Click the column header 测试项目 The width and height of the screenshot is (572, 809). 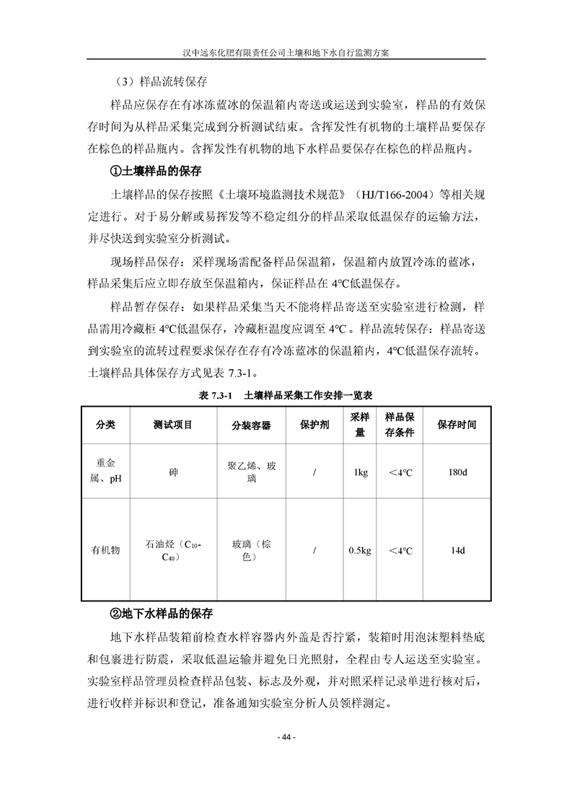[x=173, y=425]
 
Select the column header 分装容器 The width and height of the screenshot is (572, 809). [x=251, y=425]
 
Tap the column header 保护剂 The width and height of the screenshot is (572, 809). [x=314, y=425]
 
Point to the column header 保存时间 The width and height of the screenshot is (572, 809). [x=457, y=425]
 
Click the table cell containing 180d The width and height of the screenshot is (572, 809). [x=457, y=472]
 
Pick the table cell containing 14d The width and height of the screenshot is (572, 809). [x=457, y=550]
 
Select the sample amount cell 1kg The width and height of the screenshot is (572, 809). [x=360, y=472]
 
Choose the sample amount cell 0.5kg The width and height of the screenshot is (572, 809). [x=360, y=550]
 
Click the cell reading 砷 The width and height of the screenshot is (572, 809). [x=173, y=472]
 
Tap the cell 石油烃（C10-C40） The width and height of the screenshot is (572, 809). [x=173, y=550]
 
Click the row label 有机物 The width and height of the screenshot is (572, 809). [x=105, y=550]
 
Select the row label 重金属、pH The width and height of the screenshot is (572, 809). [x=105, y=472]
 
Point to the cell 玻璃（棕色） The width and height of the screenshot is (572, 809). [x=251, y=550]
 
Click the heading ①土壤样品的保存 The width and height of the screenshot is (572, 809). [x=154, y=172]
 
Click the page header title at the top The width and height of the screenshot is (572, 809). [x=286, y=53]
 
